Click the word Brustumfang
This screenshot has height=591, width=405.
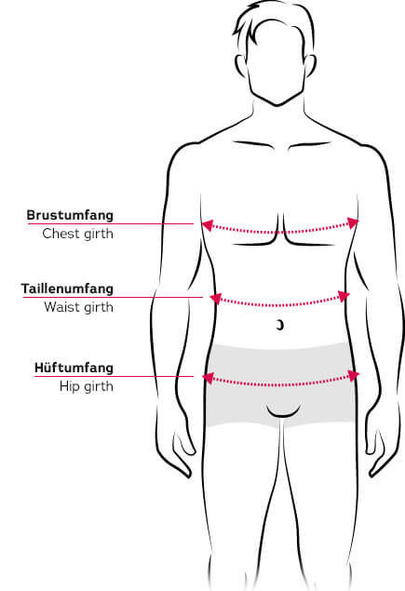pyautogui.click(x=70, y=215)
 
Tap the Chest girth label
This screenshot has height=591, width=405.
pyautogui.click(x=77, y=234)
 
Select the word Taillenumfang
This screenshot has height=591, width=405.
pyautogui.click(x=67, y=289)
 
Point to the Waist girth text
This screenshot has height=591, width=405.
pyautogui.click(x=78, y=307)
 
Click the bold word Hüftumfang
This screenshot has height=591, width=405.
pyautogui.click(x=74, y=368)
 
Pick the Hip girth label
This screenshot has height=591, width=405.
pyautogui.click(x=87, y=386)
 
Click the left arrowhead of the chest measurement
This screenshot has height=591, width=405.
pyautogui.click(x=208, y=225)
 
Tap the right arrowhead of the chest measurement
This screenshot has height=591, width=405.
pyautogui.click(x=353, y=222)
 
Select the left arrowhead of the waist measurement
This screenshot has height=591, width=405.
pyautogui.click(x=215, y=299)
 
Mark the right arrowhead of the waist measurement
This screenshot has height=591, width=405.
pyautogui.click(x=344, y=296)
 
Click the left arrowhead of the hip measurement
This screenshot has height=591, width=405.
pyautogui.click(x=209, y=378)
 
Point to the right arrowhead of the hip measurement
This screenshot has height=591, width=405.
pyautogui.click(x=354, y=375)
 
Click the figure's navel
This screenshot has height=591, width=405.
pyautogui.click(x=280, y=325)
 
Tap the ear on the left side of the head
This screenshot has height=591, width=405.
pyautogui.click(x=241, y=67)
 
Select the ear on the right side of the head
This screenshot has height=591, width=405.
pyautogui.click(x=310, y=67)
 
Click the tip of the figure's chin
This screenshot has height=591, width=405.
pyautogui.click(x=277, y=105)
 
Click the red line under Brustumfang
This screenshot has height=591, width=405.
pyautogui.click(x=111, y=224)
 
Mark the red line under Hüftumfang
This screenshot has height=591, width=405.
pyautogui.click(x=114, y=376)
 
